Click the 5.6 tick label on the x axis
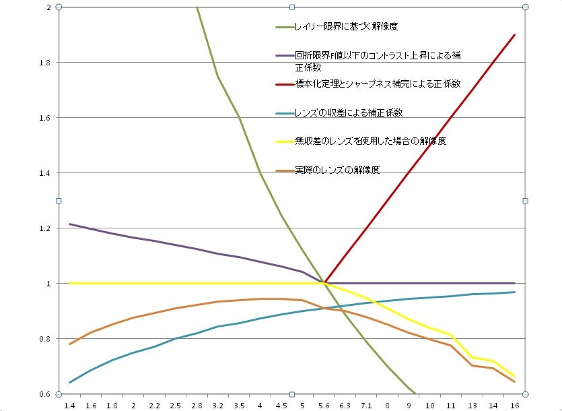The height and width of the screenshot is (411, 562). click(324, 406)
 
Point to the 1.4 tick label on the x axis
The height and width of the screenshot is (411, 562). click(70, 406)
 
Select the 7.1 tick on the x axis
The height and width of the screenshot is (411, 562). click(366, 406)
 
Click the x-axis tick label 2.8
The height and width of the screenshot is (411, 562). click(197, 406)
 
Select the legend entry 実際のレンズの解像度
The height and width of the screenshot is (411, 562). click(337, 170)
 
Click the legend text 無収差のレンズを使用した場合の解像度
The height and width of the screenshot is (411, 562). click(371, 141)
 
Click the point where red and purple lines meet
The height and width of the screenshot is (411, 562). click(324, 283)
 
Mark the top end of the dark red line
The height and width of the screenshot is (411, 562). click(515, 35)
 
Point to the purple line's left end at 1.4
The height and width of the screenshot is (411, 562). click(70, 224)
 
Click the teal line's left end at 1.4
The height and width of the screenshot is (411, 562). click(70, 382)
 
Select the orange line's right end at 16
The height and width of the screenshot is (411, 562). click(515, 382)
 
